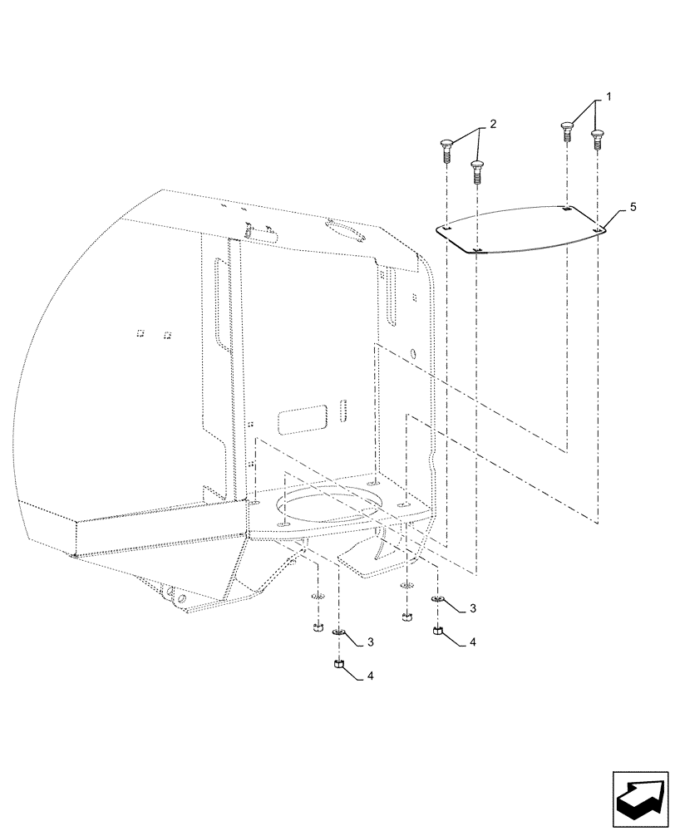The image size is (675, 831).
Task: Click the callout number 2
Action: coord(492,124)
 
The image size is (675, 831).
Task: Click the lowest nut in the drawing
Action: coord(338,664)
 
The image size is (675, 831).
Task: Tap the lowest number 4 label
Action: coord(372,677)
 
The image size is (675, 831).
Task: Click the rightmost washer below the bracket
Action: coord(438,600)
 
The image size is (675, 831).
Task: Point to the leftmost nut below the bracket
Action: coord(318,627)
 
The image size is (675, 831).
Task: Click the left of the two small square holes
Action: coord(140,333)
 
